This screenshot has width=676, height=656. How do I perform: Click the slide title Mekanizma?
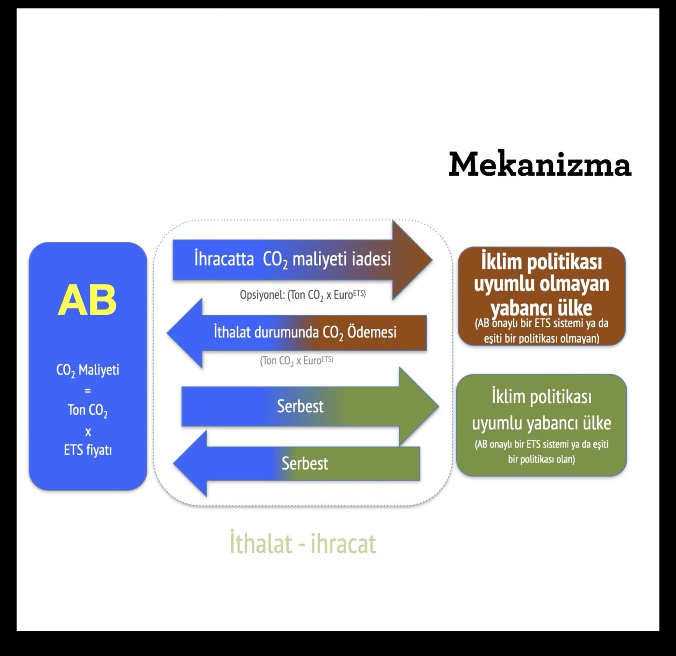pyautogui.click(x=540, y=164)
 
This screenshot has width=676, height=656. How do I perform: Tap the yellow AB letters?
pyautogui.click(x=87, y=300)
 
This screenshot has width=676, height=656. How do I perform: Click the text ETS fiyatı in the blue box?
pyautogui.click(x=87, y=450)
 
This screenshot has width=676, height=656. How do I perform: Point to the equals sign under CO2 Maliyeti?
pyautogui.click(x=87, y=391)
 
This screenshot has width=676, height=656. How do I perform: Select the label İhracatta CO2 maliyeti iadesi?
pyautogui.click(x=292, y=259)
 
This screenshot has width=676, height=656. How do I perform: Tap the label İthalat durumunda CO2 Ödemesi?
pyautogui.click(x=305, y=333)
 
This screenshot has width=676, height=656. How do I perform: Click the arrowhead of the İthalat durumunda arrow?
pyautogui.click(x=185, y=333)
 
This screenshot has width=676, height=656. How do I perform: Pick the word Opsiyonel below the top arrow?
pyautogui.click(x=261, y=294)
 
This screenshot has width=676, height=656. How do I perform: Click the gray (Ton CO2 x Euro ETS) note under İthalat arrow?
pyautogui.click(x=296, y=361)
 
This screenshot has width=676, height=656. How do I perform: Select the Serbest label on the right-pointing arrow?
pyautogui.click(x=300, y=406)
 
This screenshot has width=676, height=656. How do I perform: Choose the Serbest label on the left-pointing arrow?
pyautogui.click(x=305, y=463)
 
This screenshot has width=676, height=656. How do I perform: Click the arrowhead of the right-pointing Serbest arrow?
pyautogui.click(x=418, y=406)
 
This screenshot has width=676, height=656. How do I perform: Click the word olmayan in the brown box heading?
pyautogui.click(x=579, y=284)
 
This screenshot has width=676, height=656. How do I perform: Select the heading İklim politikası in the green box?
pyautogui.click(x=541, y=397)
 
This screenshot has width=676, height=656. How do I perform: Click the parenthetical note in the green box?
pyautogui.click(x=541, y=451)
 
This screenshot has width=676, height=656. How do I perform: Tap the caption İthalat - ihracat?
pyautogui.click(x=303, y=544)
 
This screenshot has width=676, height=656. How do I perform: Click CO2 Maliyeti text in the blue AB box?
pyautogui.click(x=87, y=371)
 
